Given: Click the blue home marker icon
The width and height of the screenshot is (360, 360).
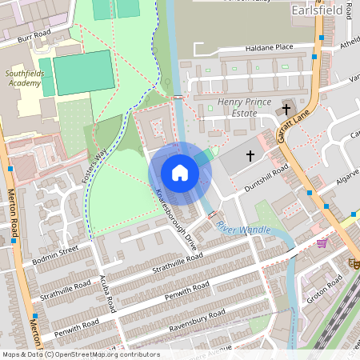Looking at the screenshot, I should pyautogui.click(x=180, y=173).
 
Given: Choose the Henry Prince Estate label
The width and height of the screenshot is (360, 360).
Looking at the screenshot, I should pyautogui.click(x=238, y=108).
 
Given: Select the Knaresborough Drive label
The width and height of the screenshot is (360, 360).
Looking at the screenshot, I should pyautogui.click(x=176, y=218).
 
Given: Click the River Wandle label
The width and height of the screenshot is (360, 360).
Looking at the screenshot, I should pyautogui.click(x=244, y=229).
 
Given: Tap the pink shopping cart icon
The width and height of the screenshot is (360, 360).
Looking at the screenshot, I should pyautogui.click(x=322, y=243).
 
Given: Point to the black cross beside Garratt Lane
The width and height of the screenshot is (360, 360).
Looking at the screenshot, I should pyautogui.click(x=286, y=110).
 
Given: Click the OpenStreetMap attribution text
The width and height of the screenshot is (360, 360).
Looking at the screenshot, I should pyautogui.click(x=81, y=354).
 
